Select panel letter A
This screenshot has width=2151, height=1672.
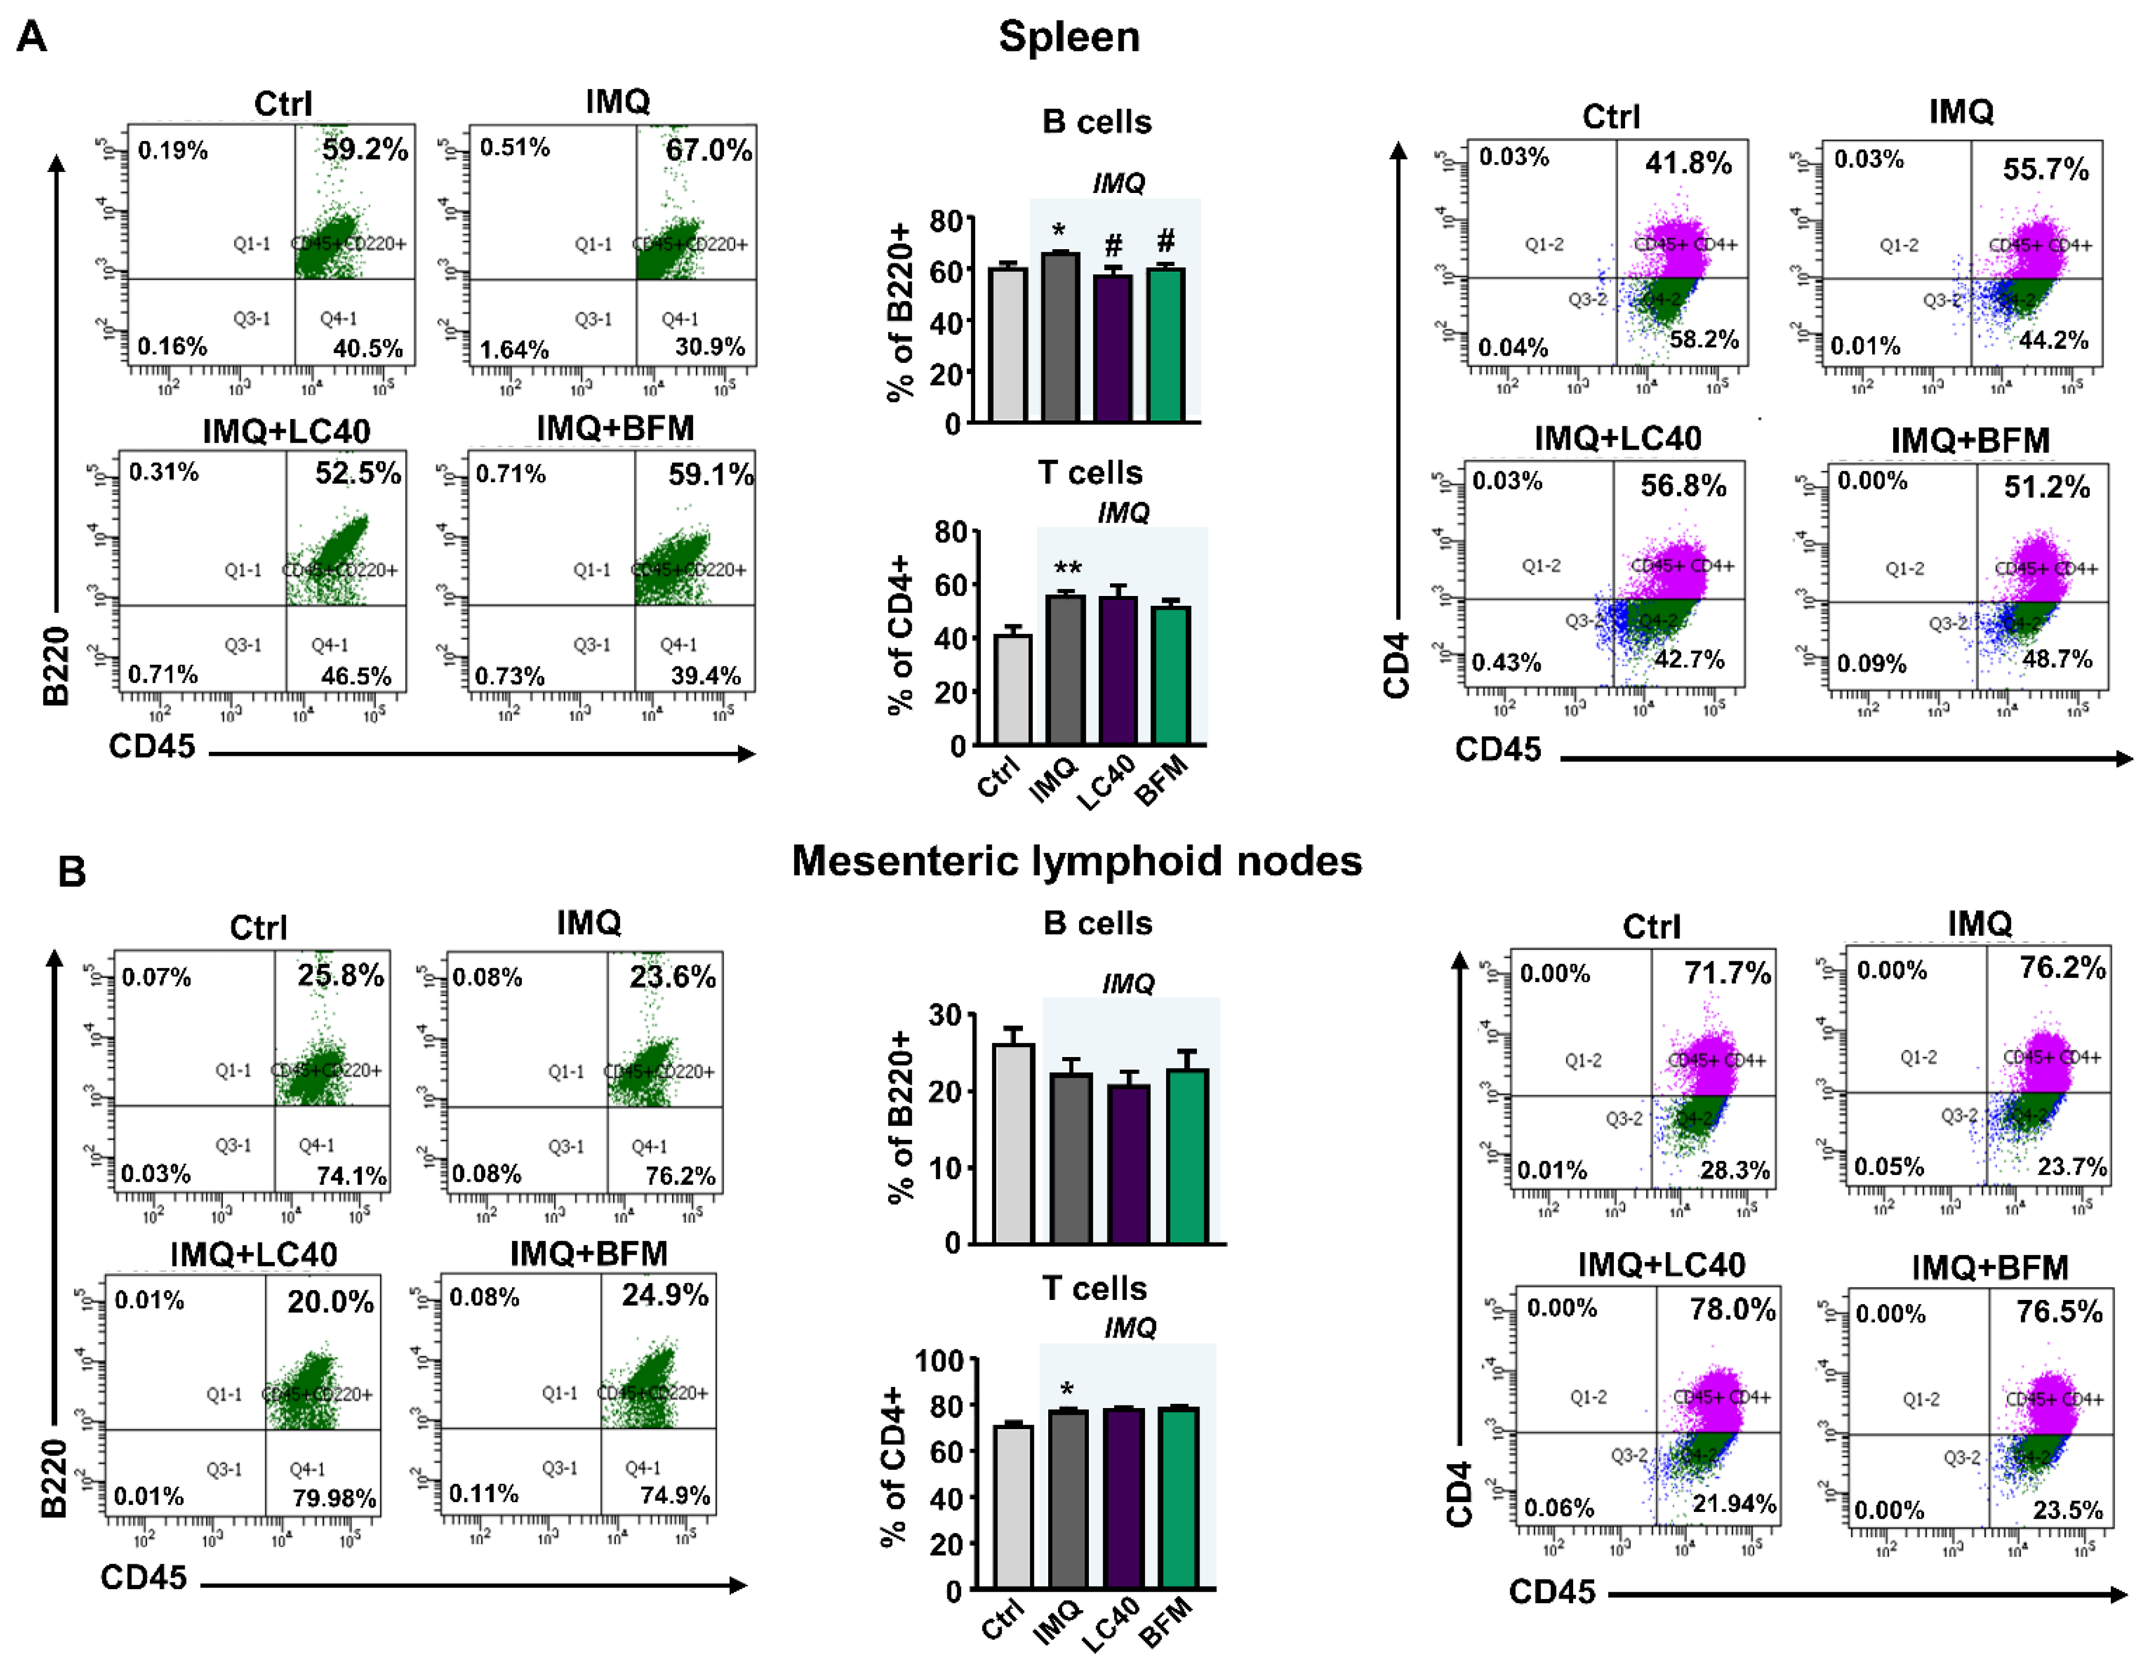(x=31, y=38)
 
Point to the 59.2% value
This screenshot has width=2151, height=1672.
(x=364, y=150)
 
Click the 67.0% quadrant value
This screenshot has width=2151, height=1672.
(x=708, y=151)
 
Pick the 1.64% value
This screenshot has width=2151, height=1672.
(x=514, y=349)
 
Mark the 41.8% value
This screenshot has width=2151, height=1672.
(x=1688, y=163)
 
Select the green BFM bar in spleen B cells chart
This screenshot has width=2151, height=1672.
(x=1166, y=345)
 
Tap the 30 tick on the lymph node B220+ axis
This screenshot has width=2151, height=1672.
(x=944, y=1015)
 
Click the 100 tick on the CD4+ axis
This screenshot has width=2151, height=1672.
(x=939, y=1362)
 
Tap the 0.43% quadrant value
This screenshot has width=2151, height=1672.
(x=1506, y=662)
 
